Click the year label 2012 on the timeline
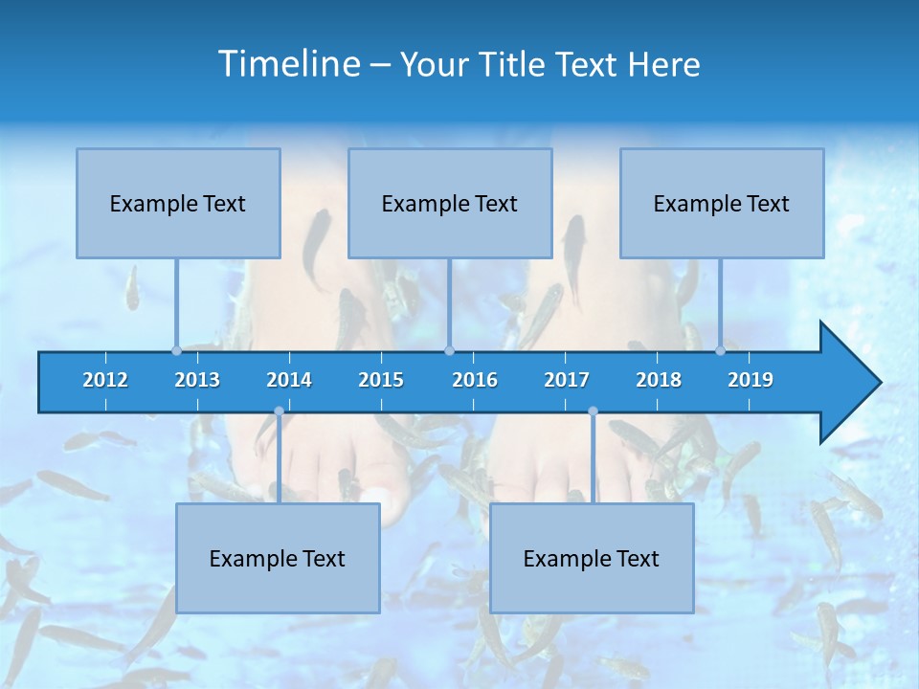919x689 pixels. (x=105, y=380)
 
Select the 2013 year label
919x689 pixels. (x=197, y=380)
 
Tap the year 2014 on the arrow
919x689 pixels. (x=289, y=380)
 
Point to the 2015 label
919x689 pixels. (x=381, y=380)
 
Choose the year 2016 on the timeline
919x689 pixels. (x=475, y=380)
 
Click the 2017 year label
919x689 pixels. (x=567, y=380)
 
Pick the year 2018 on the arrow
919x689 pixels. (x=659, y=380)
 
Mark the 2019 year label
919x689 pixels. (x=751, y=380)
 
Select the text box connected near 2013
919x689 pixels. (x=178, y=203)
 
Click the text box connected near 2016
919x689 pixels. (x=450, y=203)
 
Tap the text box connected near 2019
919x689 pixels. (x=722, y=203)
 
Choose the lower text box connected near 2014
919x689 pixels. (x=278, y=558)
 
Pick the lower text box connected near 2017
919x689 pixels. (x=592, y=558)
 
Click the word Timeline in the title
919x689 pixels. (x=286, y=63)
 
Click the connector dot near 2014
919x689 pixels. (x=279, y=411)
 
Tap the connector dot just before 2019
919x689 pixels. (x=721, y=350)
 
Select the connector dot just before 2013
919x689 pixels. (x=176, y=350)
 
